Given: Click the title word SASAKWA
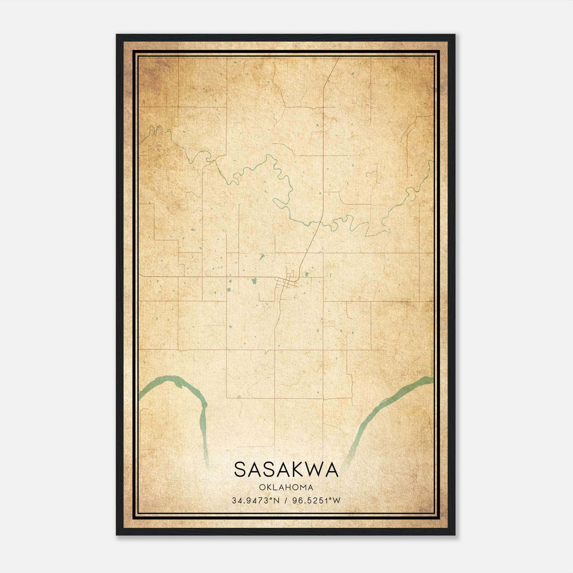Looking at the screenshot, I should [286, 470].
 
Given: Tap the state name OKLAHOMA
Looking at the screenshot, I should [286, 487].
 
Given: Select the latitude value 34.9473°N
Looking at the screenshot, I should [255, 501].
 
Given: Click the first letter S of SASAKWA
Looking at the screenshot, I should [241, 470].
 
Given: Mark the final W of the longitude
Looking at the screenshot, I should [337, 501].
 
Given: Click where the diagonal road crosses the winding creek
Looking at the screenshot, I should [319, 223].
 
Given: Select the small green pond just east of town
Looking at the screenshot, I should [307, 275].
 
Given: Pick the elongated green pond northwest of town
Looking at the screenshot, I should [262, 256].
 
